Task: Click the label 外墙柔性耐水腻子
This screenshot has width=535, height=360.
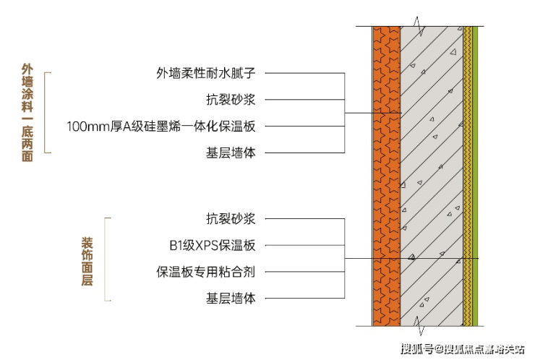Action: (206, 73)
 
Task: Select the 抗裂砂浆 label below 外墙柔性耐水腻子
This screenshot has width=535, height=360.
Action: (231, 100)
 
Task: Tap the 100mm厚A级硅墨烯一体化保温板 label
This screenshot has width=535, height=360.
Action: (161, 127)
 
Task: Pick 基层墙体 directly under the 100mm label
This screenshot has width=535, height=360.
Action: (231, 153)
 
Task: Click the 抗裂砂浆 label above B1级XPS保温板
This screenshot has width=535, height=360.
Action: (231, 219)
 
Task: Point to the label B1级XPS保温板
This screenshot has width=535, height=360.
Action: (213, 245)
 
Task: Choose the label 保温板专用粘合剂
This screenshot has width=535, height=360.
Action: (206, 272)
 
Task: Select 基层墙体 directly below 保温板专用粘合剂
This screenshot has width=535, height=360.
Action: (231, 299)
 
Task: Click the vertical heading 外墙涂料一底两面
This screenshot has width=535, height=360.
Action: (27, 113)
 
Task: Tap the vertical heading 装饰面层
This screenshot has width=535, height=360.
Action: (87, 262)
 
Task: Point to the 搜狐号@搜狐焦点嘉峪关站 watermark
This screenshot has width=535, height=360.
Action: (463, 349)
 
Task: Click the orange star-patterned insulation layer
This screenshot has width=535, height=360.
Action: (386, 176)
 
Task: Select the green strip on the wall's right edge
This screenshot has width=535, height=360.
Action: (475, 176)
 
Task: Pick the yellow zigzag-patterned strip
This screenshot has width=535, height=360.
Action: (468, 176)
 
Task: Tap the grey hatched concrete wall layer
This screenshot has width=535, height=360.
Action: (432, 176)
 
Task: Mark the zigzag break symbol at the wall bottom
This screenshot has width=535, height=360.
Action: (419, 326)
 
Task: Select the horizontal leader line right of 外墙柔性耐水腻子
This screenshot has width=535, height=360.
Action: (304, 73)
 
